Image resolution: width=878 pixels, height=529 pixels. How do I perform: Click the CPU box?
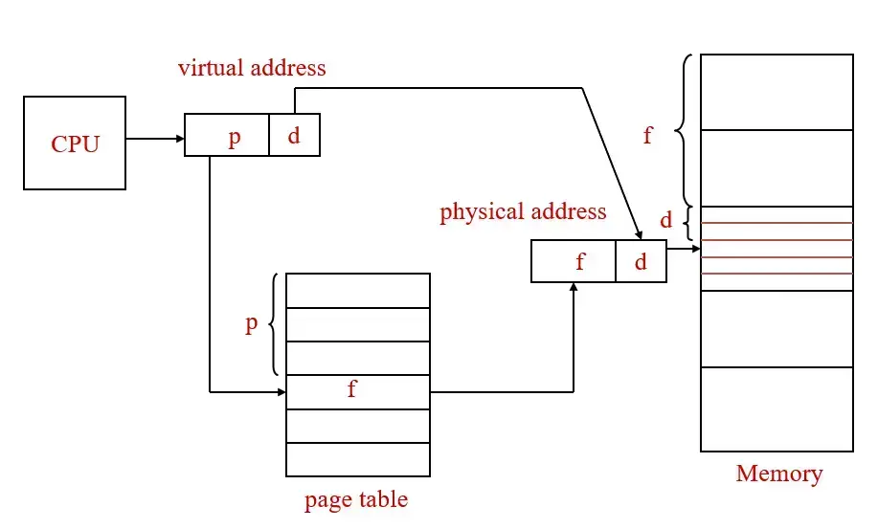tap(75, 143)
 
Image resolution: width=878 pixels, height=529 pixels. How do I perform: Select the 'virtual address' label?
tap(252, 68)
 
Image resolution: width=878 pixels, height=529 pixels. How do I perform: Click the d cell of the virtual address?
tap(294, 135)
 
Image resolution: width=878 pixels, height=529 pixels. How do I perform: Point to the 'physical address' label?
tap(523, 211)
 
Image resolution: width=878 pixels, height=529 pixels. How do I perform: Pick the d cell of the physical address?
tap(641, 261)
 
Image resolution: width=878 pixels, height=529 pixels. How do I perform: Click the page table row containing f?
tap(358, 391)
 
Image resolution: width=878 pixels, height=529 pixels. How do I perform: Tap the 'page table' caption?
tap(356, 499)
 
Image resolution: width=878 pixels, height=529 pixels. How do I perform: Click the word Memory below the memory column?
tap(778, 474)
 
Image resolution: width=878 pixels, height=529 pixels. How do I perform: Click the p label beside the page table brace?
tap(251, 323)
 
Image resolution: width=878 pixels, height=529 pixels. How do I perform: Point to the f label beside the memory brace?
tap(648, 135)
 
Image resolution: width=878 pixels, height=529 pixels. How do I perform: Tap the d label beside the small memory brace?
tap(666, 221)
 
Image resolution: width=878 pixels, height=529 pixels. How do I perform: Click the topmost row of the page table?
tap(358, 291)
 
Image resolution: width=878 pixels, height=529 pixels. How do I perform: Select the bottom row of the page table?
tap(358, 459)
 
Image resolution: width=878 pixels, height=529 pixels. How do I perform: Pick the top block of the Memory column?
tap(777, 92)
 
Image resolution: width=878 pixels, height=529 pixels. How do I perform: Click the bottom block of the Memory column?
tap(777, 409)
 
